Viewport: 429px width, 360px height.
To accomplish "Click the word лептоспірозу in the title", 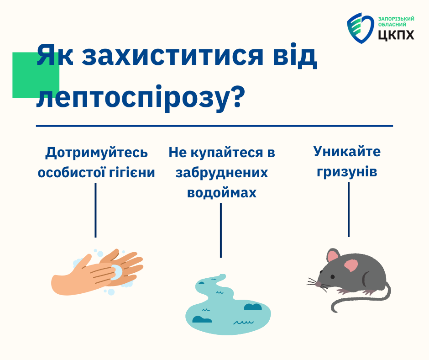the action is (x=132, y=97).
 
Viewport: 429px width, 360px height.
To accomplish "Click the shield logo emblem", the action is (x=360, y=28).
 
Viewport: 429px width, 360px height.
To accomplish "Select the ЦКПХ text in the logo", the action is (x=396, y=35).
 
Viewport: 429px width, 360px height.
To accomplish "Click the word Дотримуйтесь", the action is (x=96, y=153).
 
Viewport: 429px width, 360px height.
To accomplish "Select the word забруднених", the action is (x=222, y=173).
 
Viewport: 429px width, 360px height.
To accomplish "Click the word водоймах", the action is (x=222, y=193).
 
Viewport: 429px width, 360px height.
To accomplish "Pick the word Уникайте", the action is (x=347, y=151).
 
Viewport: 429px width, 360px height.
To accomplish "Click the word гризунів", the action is (x=347, y=172).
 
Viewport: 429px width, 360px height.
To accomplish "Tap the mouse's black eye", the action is (x=332, y=277).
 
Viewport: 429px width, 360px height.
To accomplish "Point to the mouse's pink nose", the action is (x=318, y=284).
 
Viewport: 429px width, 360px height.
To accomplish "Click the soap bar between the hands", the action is (x=116, y=272).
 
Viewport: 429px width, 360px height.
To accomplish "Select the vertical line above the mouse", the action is (x=349, y=210).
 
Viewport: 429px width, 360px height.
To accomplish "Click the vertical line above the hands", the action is (x=95, y=210).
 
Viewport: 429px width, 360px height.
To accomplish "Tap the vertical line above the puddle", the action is (x=221, y=230).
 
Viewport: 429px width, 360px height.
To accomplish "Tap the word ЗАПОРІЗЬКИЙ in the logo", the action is (x=396, y=19).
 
